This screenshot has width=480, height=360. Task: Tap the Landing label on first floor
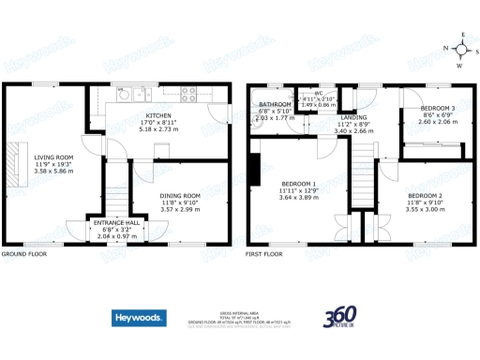[x=353, y=117]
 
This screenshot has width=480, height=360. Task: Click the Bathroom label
[x=275, y=104]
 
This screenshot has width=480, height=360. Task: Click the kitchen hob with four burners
[x=188, y=94]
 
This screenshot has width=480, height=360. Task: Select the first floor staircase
[x=364, y=173]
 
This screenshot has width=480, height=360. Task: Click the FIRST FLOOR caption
[x=263, y=254]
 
